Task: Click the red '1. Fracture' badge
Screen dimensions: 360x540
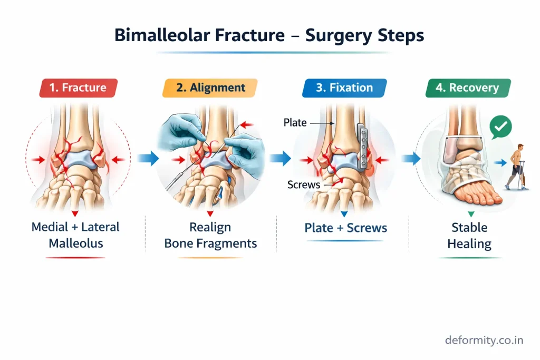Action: [79, 88]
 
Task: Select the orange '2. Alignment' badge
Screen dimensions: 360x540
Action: [210, 88]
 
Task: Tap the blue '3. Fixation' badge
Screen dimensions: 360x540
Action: [344, 88]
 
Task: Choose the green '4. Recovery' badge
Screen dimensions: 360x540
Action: [468, 88]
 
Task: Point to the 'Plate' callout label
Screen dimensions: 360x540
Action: [295, 123]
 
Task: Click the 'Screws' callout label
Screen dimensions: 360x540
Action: [304, 184]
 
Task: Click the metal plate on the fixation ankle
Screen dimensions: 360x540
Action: [362, 147]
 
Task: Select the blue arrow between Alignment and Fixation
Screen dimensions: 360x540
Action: [281, 158]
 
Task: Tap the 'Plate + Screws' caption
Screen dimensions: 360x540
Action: [345, 228]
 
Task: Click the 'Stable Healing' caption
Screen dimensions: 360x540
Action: [469, 236]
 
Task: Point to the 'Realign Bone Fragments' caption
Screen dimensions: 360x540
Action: [210, 236]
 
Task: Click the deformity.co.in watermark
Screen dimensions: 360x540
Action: [484, 340]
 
